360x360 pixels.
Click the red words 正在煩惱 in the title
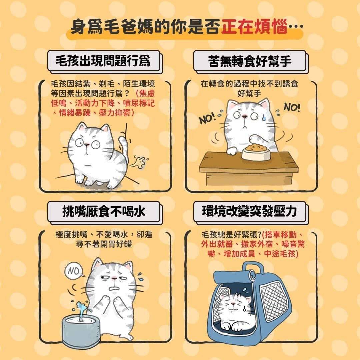coord(254,27)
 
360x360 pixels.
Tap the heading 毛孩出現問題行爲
coord(103,61)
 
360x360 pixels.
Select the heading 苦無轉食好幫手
coord(250,61)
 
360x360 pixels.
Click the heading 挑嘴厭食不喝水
coord(104,211)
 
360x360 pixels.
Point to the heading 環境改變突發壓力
coord(249,211)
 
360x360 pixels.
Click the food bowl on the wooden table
coord(256,152)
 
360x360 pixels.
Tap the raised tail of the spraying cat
coord(124,147)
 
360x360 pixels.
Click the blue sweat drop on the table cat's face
coord(264,117)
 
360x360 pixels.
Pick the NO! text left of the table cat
coord(207,118)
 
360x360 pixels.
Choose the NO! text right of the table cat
coord(292,107)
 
